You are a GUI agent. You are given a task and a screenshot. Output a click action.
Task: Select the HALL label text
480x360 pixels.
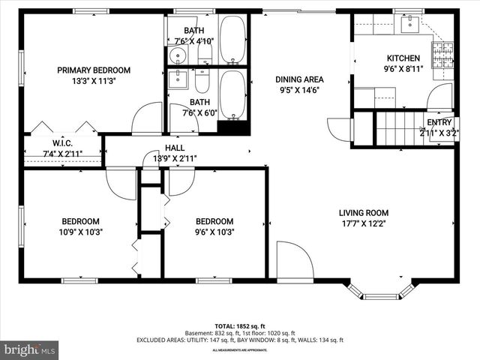coord(174,148)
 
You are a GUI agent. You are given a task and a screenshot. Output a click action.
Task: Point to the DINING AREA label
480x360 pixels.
coord(299,79)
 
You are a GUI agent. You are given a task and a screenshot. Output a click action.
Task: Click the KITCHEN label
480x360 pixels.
coord(403,58)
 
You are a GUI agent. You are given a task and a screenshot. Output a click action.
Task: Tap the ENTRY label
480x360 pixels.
coord(439,122)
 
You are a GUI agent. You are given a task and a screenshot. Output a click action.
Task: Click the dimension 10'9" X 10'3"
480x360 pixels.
coord(80,232)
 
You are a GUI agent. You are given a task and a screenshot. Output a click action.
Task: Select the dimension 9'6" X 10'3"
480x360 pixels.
coord(214,232)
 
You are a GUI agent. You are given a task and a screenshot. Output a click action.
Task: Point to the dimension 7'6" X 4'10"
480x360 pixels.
coord(194,41)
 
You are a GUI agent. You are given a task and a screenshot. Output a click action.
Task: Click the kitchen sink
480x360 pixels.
coord(409,25)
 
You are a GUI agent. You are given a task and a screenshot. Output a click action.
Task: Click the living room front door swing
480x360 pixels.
coord(293,259)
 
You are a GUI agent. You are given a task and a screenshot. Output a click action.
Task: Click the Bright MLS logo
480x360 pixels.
coord(30,349)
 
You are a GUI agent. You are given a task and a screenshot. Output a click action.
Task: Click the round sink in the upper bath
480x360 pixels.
coord(178,55)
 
